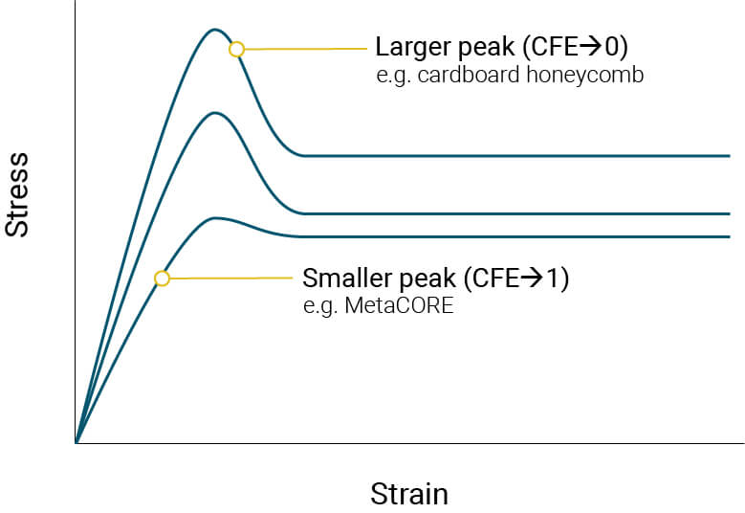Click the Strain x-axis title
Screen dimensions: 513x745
point(408,494)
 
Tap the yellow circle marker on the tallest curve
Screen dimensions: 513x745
point(236,49)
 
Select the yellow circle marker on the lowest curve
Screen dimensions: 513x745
point(162,279)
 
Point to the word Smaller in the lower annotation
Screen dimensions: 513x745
point(344,279)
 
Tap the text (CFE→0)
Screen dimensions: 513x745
point(573,47)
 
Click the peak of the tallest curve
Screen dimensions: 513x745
point(215,30)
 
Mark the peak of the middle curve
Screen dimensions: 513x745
point(216,113)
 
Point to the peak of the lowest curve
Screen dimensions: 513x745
point(217,218)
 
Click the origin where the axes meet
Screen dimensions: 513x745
point(76,443)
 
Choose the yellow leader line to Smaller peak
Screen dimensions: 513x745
point(230,278)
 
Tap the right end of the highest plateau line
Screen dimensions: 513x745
point(729,155)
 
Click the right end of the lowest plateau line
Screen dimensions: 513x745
point(729,236)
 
